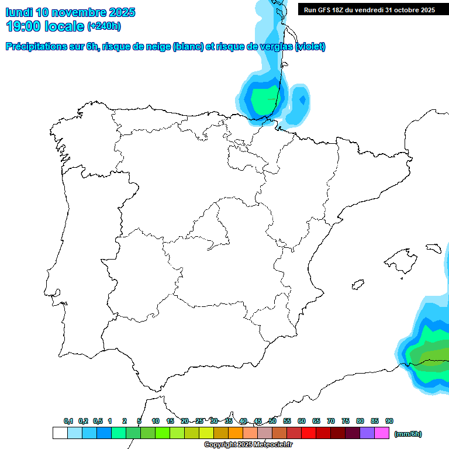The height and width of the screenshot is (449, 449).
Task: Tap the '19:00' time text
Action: point(23,26)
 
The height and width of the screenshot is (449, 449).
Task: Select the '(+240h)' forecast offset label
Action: point(103,26)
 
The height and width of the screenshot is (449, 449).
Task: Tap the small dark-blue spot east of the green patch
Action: point(302,100)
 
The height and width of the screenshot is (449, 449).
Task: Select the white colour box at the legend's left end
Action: point(60,433)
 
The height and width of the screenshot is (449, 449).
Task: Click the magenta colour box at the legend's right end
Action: point(382,433)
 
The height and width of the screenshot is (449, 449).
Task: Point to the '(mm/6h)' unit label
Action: point(407,434)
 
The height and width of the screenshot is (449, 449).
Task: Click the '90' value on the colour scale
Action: point(389,421)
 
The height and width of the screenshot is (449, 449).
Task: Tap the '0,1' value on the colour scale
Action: point(68,421)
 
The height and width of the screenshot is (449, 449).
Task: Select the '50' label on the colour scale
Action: point(272,421)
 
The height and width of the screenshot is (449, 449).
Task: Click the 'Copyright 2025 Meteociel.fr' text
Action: point(248,445)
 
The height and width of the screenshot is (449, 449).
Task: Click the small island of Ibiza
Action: point(356,285)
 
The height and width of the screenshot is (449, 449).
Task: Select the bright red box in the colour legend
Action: point(308,433)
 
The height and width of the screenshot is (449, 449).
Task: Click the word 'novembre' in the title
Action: point(82,12)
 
